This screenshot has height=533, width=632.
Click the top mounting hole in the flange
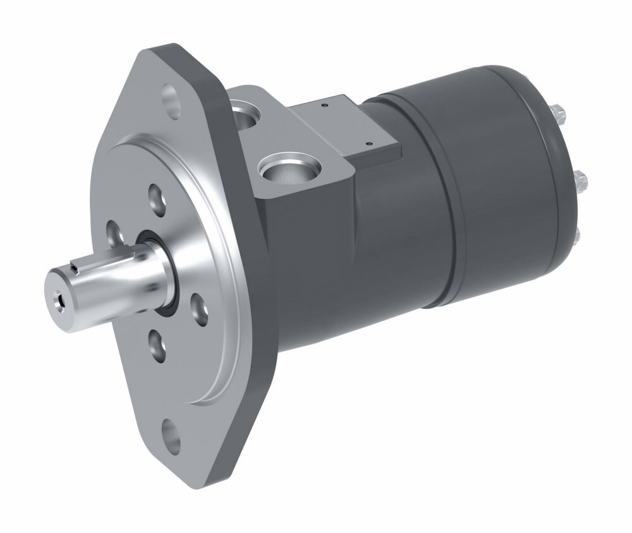coord(171,97)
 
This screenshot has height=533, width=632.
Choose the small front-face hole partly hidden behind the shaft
coord(114,232)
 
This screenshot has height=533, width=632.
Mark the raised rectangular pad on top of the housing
coord(354,126)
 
